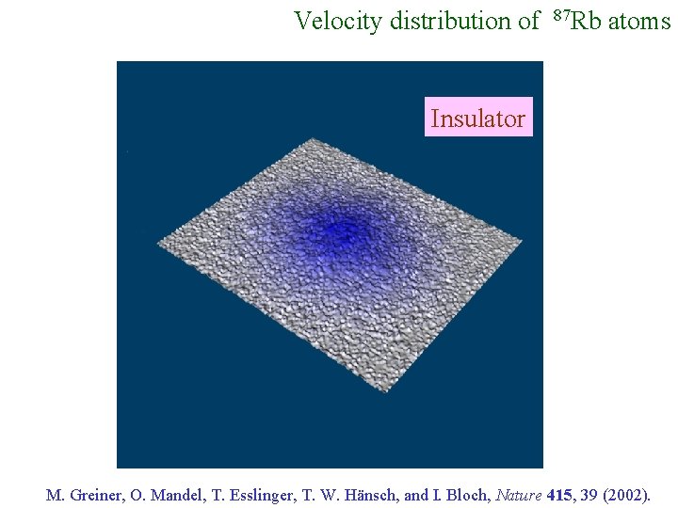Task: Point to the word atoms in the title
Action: (x=639, y=21)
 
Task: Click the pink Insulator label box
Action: (x=477, y=118)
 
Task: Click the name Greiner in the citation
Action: (x=92, y=494)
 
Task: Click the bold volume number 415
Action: (x=558, y=494)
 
